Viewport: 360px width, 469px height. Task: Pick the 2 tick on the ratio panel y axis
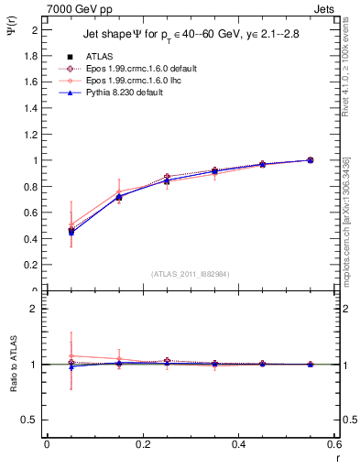click(34, 310)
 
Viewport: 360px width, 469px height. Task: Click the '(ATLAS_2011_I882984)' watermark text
click(191, 273)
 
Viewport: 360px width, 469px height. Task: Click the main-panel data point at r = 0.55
click(310, 160)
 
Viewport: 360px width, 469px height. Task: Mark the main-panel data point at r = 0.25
click(167, 177)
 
